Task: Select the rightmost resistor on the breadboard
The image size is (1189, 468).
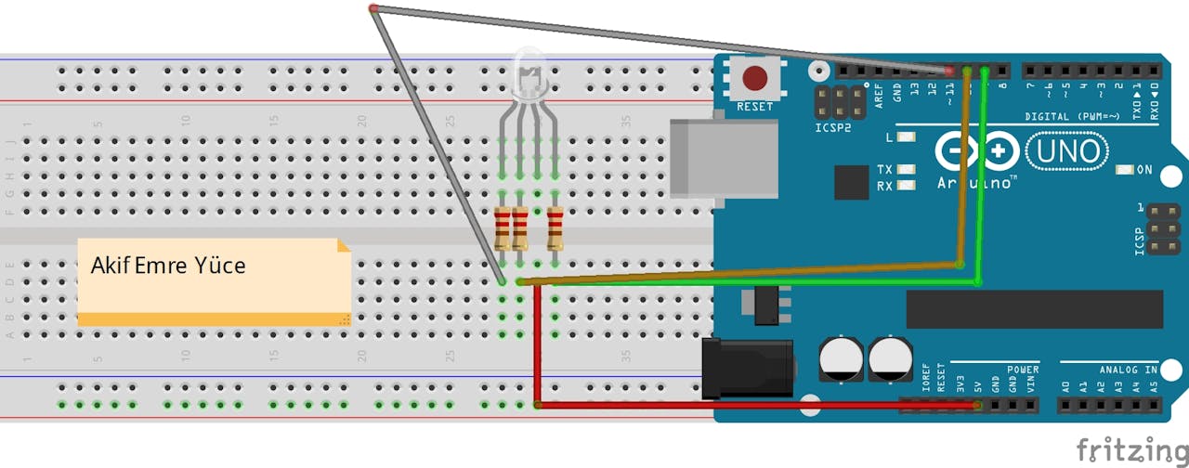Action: pos(555,228)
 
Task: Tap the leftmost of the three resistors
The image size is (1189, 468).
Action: pos(503,228)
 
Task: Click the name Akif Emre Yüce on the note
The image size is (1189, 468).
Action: pos(168,266)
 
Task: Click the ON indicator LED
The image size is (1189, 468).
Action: pos(1125,170)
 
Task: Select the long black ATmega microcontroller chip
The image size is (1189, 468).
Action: pos(1034,309)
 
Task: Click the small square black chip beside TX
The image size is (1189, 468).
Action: pos(851,182)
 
